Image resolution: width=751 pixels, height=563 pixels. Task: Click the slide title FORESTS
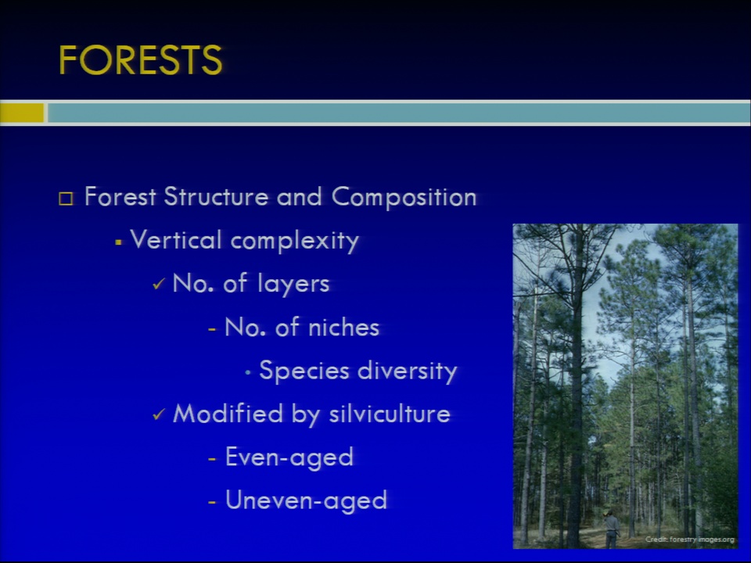140,60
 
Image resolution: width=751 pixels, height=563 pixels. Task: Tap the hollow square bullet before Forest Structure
66,199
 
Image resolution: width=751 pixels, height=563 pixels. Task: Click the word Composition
404,198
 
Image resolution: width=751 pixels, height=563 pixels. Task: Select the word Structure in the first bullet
216,197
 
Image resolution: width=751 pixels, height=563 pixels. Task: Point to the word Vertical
175,239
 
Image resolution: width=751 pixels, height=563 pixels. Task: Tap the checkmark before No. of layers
159,285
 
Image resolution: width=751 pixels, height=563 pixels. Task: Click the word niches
343,328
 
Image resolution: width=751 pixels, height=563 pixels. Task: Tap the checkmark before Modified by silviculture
159,414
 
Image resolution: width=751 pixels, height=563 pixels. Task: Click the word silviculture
390,414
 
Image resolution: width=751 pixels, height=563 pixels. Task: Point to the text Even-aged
289,457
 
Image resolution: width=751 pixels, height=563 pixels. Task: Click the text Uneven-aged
306,500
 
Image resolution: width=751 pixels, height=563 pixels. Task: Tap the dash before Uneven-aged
213,503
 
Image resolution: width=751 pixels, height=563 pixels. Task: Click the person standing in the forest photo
611,529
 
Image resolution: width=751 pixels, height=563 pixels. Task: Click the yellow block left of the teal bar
22,113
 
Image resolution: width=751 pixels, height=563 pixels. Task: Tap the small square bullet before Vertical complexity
118,242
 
